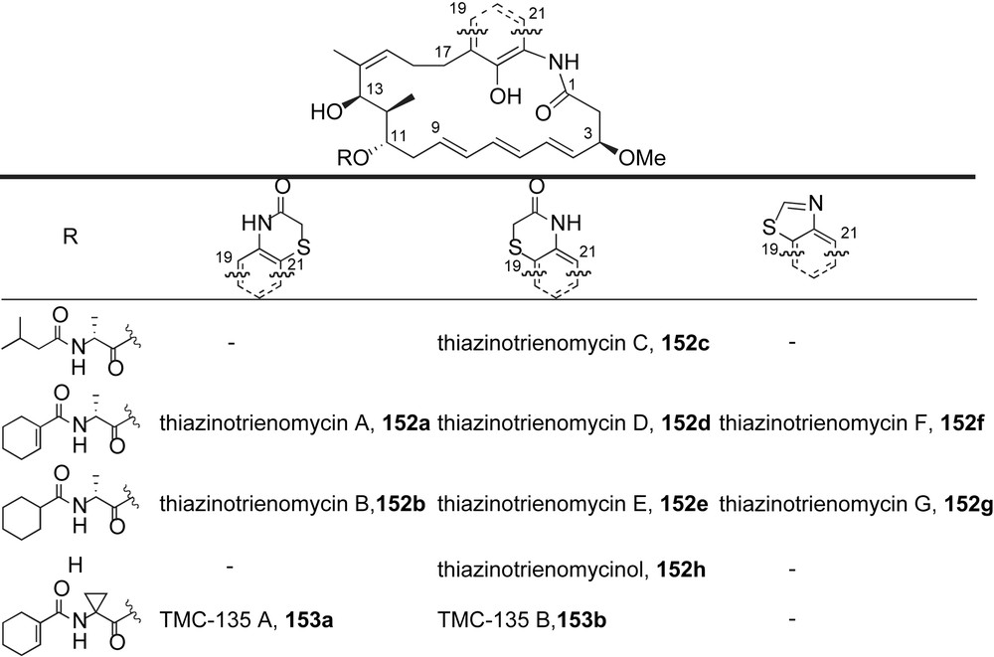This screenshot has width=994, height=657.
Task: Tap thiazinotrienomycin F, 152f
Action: point(851,422)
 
